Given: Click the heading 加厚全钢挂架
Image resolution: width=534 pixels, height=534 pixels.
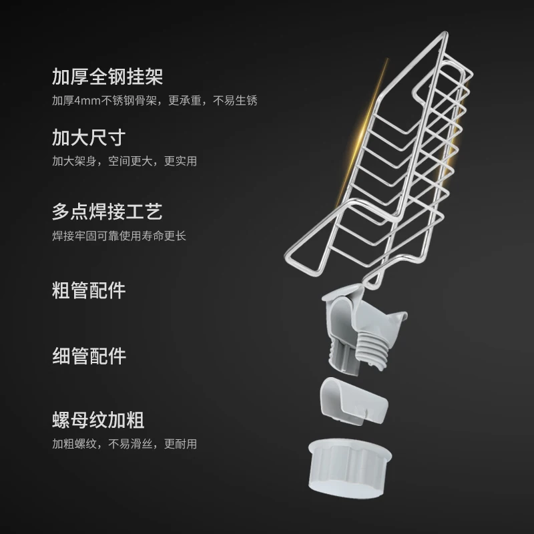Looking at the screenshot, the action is coord(107,76).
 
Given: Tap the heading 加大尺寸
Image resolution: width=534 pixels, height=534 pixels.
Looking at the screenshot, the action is coord(89,138).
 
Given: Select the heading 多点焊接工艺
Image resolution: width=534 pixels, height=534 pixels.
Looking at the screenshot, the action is coord(107,213).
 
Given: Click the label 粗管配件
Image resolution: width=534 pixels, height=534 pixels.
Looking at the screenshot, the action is coord(89,290).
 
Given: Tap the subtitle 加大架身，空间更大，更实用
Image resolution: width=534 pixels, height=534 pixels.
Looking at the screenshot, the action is coord(124,162).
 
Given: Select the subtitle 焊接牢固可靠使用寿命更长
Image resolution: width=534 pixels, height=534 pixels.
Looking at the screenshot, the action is coord(119,236).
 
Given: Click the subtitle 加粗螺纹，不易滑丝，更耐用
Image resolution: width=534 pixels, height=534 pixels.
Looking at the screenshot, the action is coord(124,444).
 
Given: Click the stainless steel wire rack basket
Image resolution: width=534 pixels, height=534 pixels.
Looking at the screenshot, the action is coord(400,154).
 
